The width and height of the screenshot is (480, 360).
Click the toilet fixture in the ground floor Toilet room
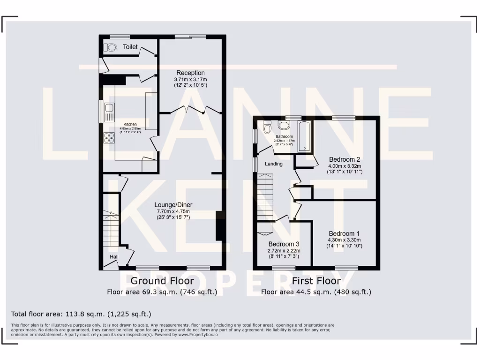tap(111, 47)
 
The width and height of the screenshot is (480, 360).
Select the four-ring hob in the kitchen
tap(109, 137)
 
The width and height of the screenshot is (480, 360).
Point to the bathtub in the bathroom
tap(305, 136)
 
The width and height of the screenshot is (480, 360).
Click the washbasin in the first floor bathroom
tap(284, 125)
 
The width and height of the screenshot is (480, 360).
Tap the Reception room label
tap(190, 73)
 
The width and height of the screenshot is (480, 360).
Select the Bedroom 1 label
tap(345, 233)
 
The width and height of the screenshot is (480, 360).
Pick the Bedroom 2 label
tap(345, 158)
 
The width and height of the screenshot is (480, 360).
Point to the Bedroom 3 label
tap(284, 244)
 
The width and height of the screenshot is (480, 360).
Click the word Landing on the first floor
tap(274, 164)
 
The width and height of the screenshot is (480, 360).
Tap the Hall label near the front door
tap(114, 257)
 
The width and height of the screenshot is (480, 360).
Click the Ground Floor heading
tap(162, 281)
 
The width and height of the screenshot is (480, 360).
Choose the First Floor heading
tap(316, 281)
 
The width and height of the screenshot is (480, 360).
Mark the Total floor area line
tap(81, 314)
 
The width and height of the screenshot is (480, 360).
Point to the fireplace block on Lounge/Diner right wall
tap(218, 225)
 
